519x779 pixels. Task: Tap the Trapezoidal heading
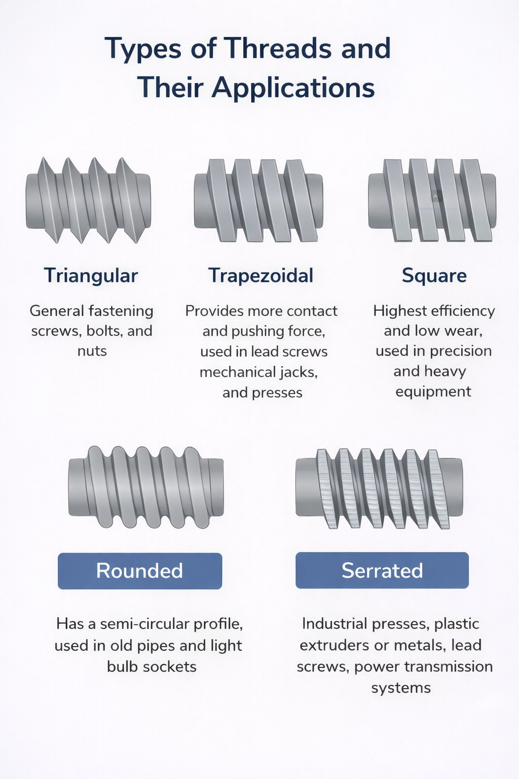pos(261,276)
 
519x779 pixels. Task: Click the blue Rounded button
pos(140,571)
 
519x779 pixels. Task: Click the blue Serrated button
pos(382,571)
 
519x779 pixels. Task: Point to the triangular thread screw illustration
pos(88,200)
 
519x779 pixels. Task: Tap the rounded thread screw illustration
pos(146,487)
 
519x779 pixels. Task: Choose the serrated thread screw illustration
pos(379,489)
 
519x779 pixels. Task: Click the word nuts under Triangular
pos(92,351)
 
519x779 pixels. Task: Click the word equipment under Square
pos(433,392)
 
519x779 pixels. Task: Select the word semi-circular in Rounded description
pos(145,624)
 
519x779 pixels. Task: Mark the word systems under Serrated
pos(401,688)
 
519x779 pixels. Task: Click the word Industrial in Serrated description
pos(335,623)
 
